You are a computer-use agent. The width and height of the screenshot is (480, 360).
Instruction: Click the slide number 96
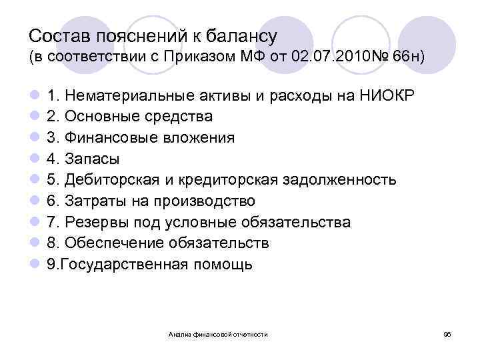447,333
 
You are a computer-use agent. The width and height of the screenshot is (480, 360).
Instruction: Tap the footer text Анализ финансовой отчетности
219,333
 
